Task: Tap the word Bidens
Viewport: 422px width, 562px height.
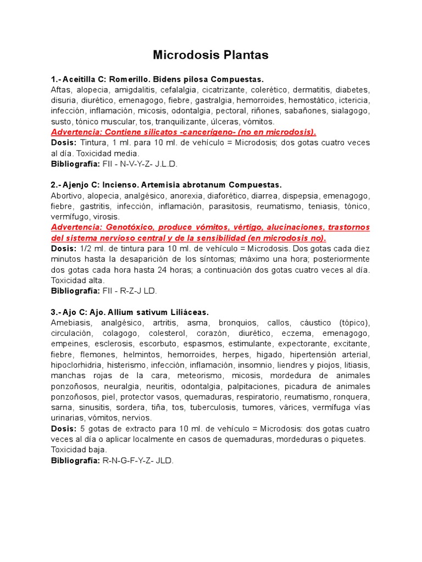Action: (164, 80)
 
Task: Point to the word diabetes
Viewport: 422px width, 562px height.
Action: (353, 90)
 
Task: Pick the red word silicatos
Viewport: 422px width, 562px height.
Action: (154, 132)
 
